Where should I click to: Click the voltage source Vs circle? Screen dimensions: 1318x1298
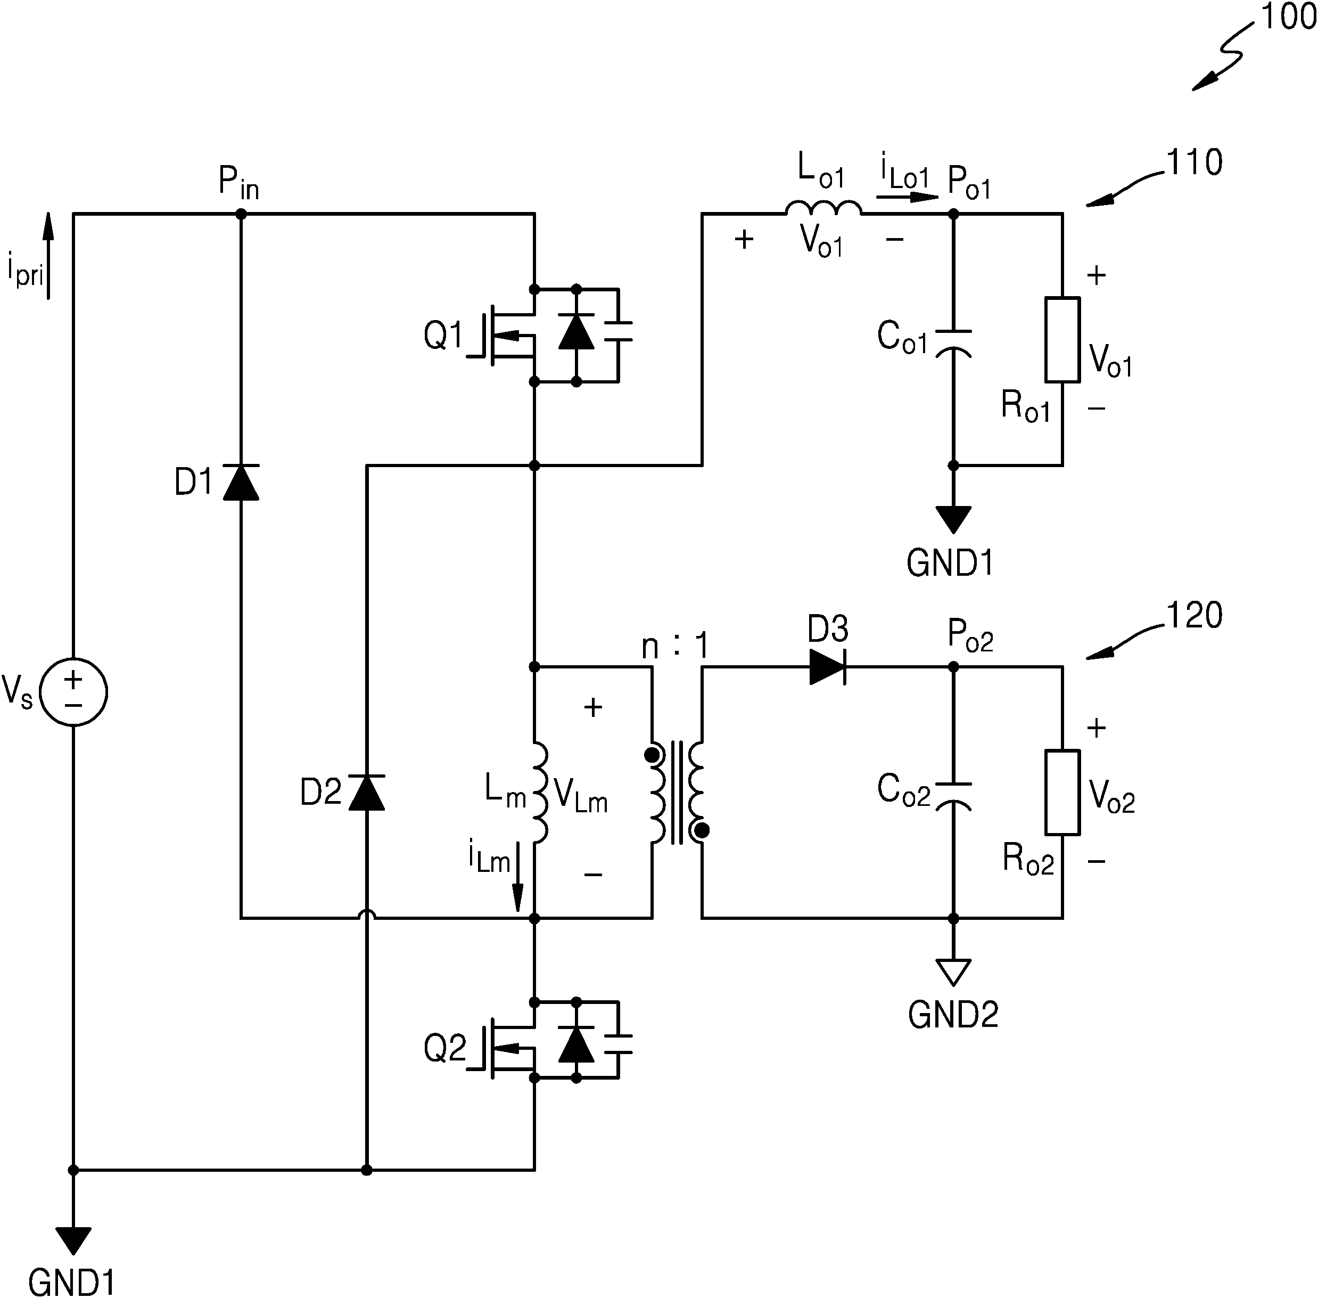[73, 692]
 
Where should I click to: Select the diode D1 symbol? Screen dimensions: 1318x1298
[241, 481]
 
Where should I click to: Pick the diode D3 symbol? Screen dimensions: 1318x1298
[827, 666]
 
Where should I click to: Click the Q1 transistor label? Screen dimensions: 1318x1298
[443, 336]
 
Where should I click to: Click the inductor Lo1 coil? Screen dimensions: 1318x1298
[823, 208]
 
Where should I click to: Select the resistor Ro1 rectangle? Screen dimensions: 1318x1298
[1062, 339]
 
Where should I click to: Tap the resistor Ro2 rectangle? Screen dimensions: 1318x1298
[1062, 792]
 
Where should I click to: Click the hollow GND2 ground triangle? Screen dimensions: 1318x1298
[953, 972]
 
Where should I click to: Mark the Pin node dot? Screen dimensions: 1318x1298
[241, 214]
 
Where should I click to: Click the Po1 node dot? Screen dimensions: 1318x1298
[953, 214]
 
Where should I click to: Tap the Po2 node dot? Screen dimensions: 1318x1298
[953, 667]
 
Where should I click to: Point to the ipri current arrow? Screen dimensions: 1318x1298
[48, 256]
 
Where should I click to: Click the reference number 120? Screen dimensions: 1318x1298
[1195, 615]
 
